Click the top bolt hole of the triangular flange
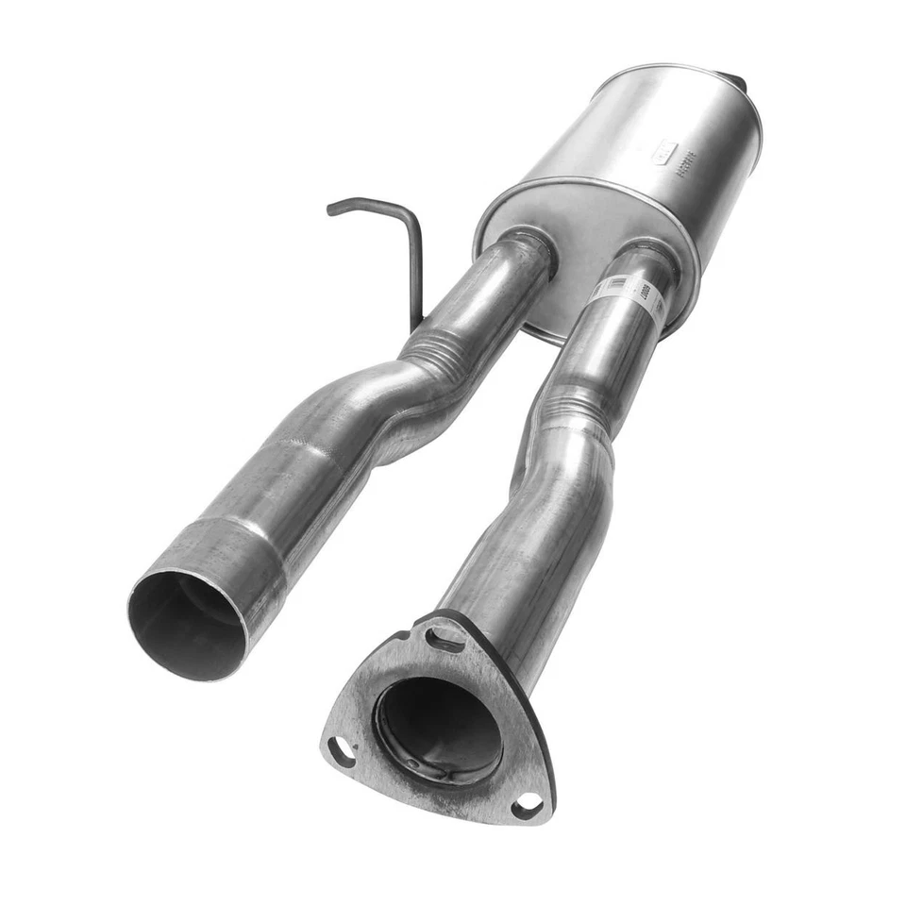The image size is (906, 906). [444, 639]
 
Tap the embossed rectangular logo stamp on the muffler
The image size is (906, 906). [664, 151]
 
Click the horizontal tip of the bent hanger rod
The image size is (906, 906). [345, 206]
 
